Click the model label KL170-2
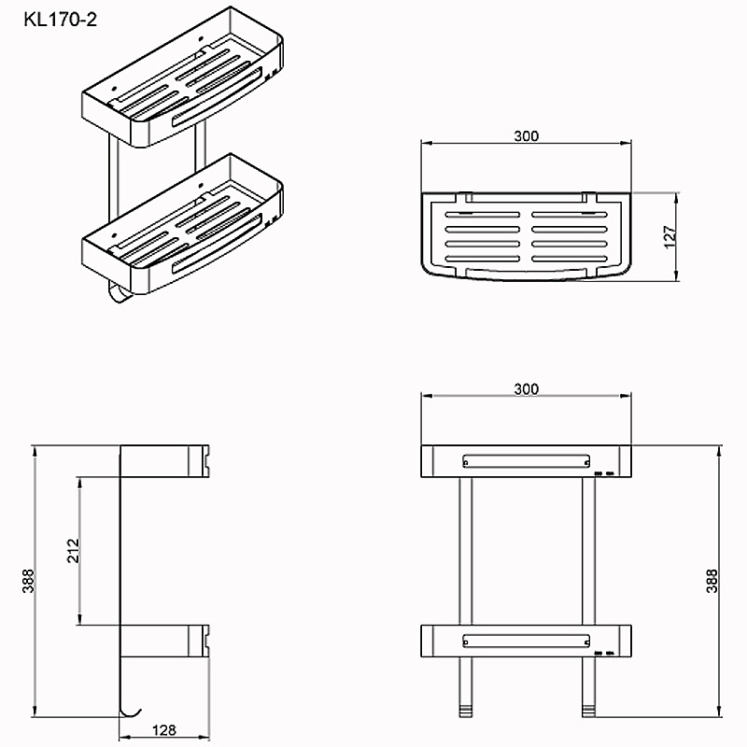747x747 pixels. pos(61,20)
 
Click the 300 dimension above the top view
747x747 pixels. pos(526,136)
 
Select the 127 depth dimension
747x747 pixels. pos(669,237)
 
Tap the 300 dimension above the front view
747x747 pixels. pos(526,389)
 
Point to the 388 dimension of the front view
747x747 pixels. pos(712,580)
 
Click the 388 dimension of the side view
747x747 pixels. pos(29,580)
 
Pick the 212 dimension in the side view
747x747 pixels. pos(73,551)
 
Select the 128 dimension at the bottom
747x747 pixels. pos(164,729)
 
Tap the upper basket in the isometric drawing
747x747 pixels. pos(183,78)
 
